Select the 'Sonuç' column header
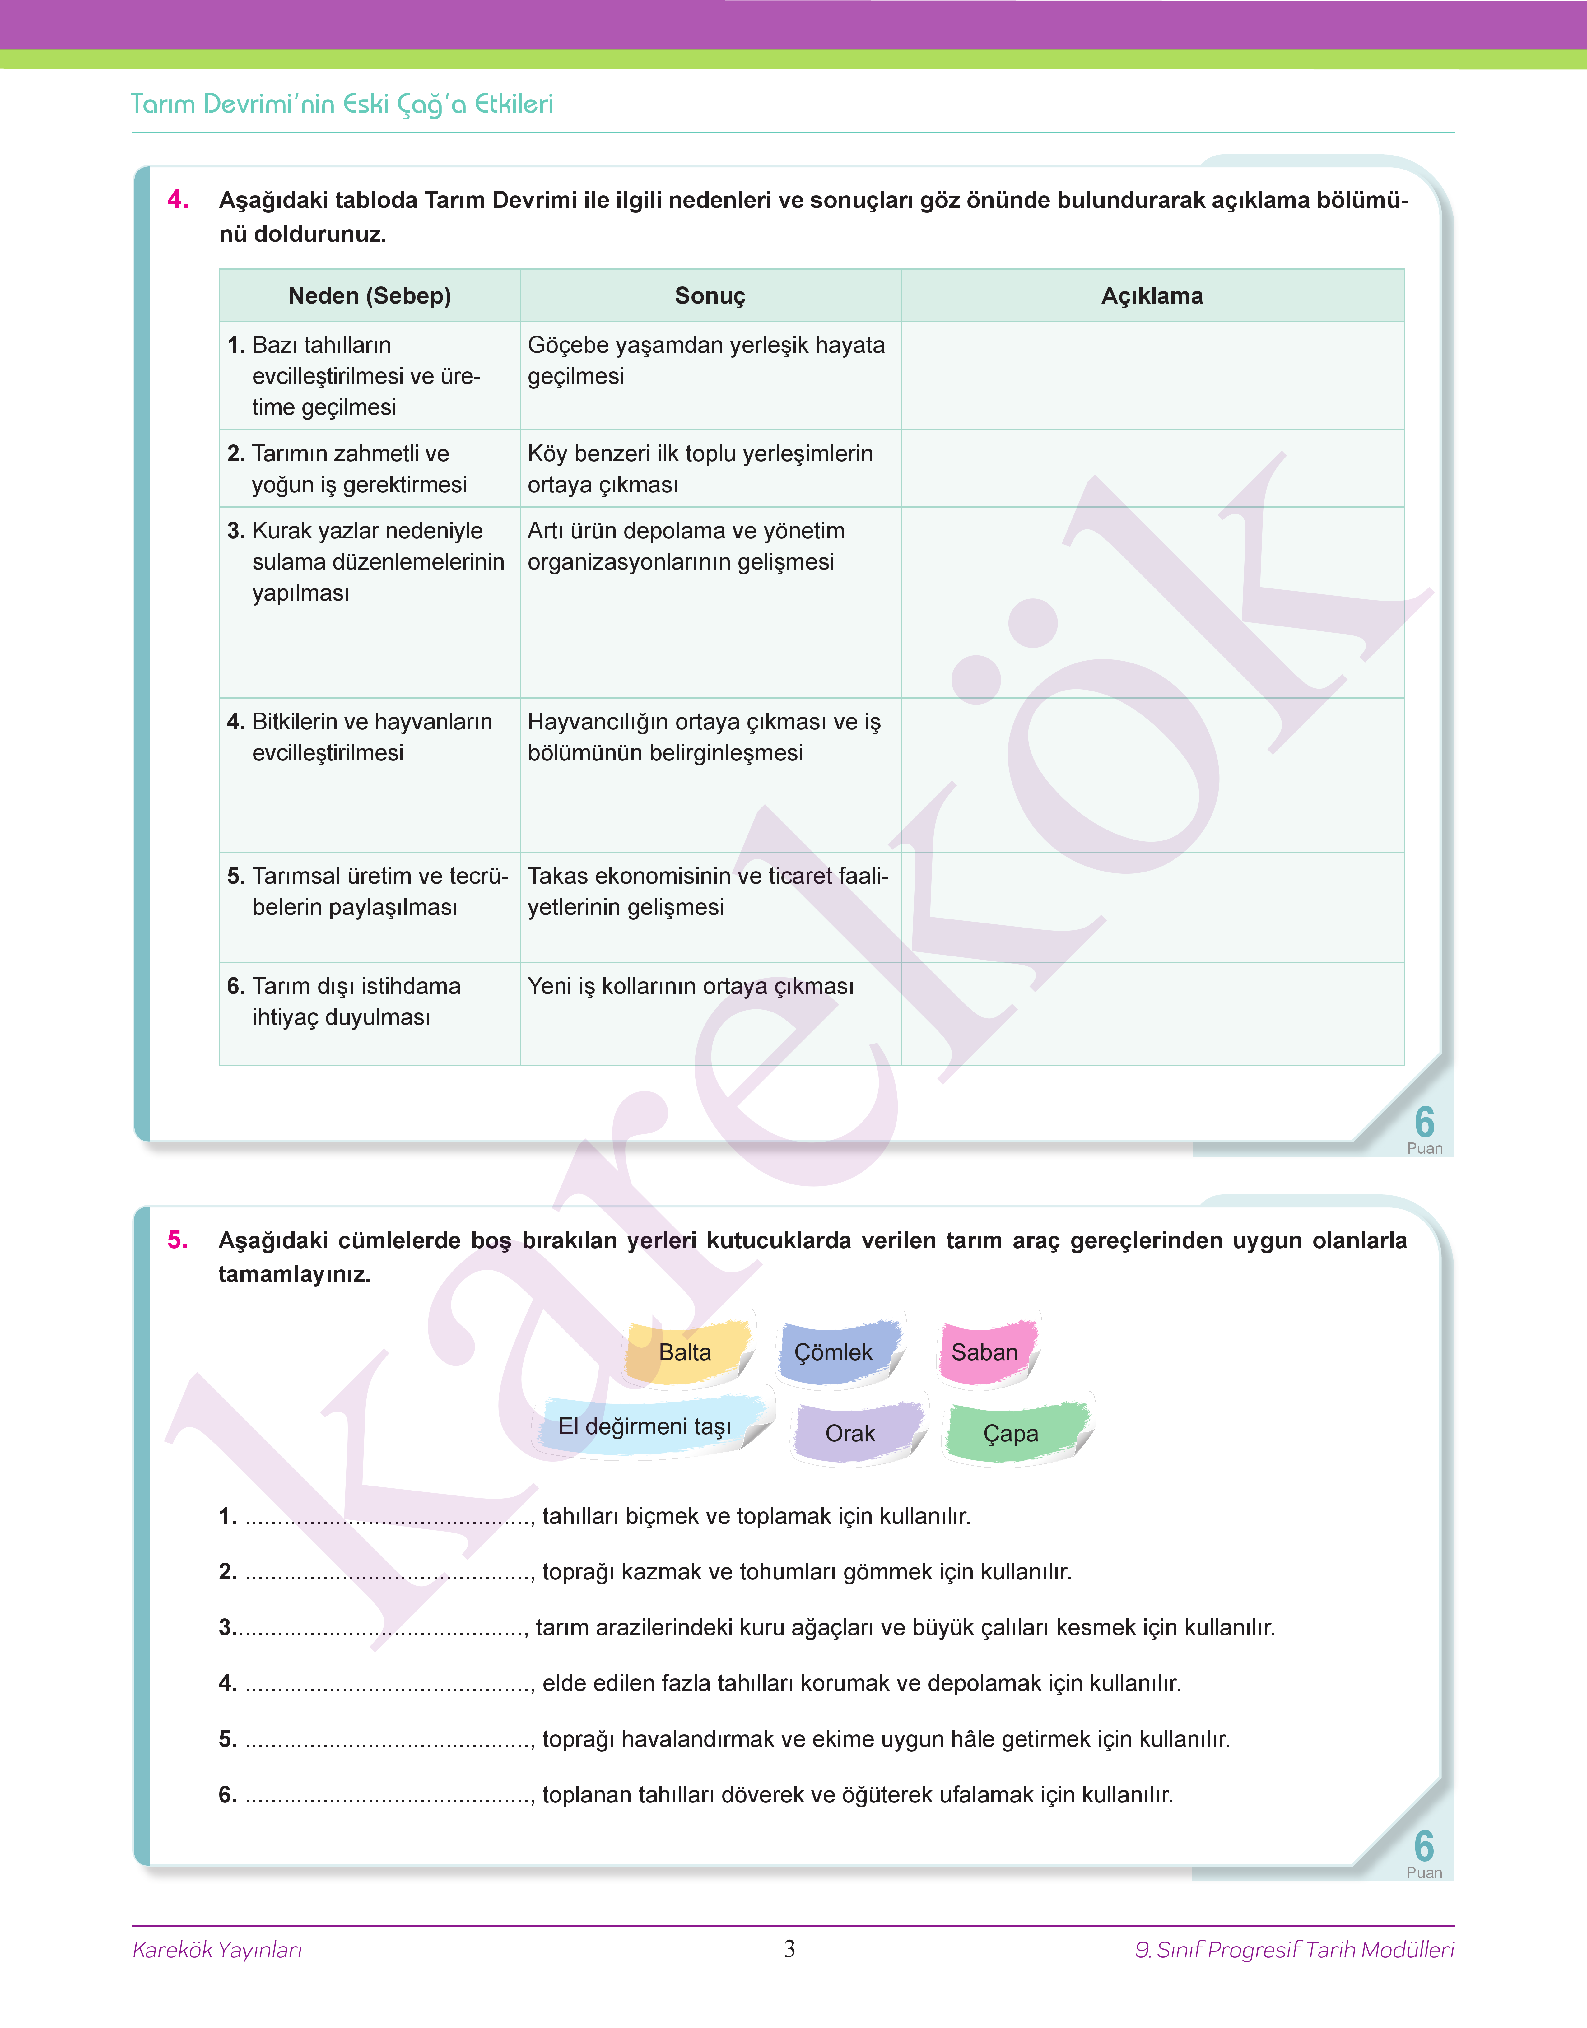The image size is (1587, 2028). click(x=710, y=295)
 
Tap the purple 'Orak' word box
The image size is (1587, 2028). click(x=850, y=1434)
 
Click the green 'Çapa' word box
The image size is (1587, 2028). click(x=1011, y=1434)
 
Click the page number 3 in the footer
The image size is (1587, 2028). click(x=790, y=1949)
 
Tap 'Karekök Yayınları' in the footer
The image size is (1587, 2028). click(x=217, y=1950)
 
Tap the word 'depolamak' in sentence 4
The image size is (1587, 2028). click(x=984, y=1683)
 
